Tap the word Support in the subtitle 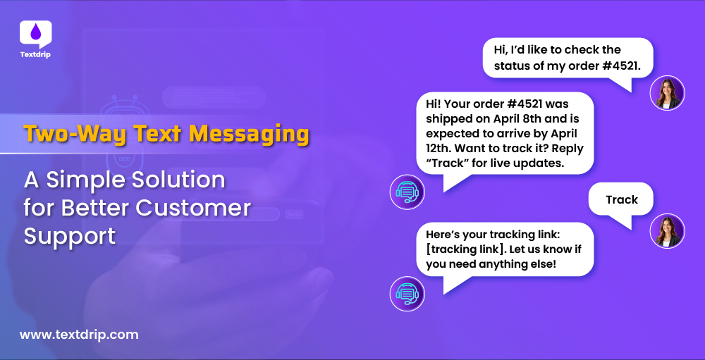(69, 236)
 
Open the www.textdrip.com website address (79, 335)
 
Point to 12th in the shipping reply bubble (440, 149)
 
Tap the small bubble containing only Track (621, 200)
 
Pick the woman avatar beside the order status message (667, 93)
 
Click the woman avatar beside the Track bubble (667, 231)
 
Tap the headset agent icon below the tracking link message (407, 293)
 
